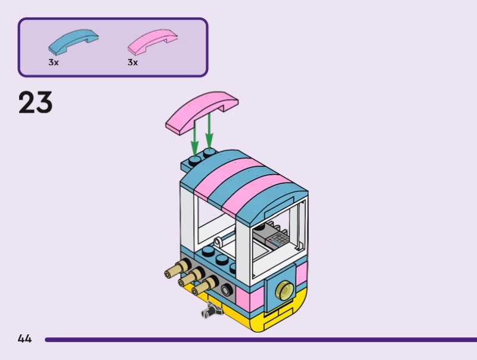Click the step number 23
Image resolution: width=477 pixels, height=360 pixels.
[36, 103]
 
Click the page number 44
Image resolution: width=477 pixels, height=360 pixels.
[24, 339]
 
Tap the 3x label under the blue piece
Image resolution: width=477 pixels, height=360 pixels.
[54, 62]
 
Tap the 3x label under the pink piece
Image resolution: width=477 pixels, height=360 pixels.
[132, 62]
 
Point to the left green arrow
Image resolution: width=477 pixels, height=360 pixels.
[194, 138]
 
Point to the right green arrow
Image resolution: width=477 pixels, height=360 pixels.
[209, 134]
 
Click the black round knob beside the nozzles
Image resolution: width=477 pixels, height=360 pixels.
[227, 290]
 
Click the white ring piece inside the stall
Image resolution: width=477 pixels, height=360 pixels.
[219, 241]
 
